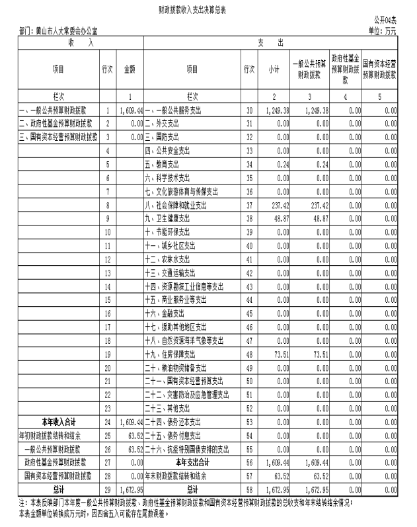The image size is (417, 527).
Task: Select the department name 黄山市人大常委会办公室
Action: coord(62,31)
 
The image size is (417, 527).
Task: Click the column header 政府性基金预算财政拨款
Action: coord(344,69)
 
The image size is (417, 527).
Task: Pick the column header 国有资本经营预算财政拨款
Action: coord(379,69)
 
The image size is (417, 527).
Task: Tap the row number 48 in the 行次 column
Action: coord(248,354)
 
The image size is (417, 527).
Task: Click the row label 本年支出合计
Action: coord(192,462)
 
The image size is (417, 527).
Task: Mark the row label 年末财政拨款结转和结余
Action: coord(192,475)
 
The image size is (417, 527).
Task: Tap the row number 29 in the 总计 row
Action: coord(106,489)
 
